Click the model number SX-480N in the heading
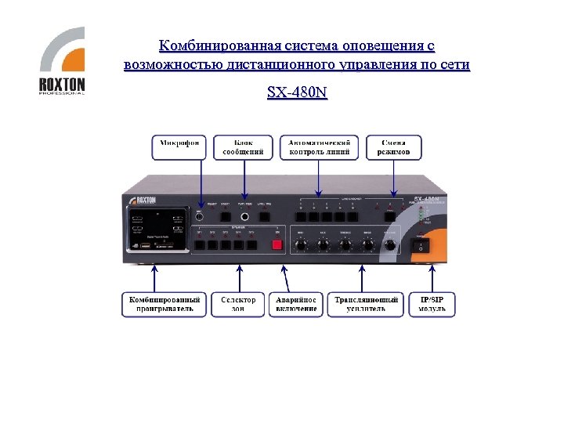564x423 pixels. tap(297, 93)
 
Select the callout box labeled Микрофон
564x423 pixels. tap(179, 146)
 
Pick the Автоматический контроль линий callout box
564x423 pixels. tap(319, 146)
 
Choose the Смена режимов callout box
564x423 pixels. tap(393, 146)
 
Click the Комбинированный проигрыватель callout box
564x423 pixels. tap(164, 304)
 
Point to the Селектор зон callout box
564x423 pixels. tap(238, 304)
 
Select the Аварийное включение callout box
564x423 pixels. tap(296, 304)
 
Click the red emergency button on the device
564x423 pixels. tap(276, 244)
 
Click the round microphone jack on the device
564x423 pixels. tap(245, 217)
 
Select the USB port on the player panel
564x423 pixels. tap(145, 248)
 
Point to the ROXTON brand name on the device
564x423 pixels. tap(145, 201)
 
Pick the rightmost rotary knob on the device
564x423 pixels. tap(389, 246)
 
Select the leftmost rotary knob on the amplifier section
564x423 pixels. tap(299, 246)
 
